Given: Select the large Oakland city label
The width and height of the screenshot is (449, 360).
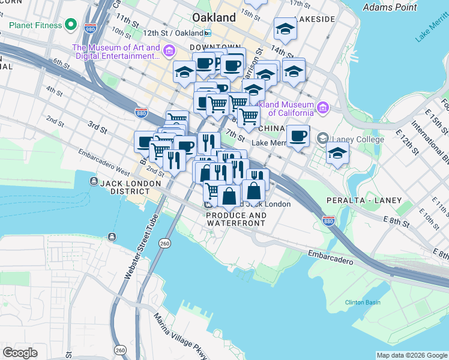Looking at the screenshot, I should coord(214,17).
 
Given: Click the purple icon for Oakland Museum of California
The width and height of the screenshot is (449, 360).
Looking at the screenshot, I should coord(323,107).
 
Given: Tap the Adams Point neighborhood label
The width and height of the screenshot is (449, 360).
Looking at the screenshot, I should coord(390,8).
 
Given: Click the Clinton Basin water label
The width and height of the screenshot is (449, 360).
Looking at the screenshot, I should coord(363,302).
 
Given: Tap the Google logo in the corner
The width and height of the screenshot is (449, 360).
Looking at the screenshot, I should coord(20,353).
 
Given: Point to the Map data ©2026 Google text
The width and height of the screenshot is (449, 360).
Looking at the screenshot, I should coord(411,355).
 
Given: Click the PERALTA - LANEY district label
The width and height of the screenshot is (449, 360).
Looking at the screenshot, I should coord(355,199).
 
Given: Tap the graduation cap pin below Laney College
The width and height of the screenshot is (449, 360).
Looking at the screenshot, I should coord(337,152).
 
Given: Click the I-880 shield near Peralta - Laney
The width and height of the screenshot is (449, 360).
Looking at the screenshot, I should coord(328,221).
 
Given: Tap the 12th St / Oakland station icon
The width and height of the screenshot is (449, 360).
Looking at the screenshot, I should coord(207,33).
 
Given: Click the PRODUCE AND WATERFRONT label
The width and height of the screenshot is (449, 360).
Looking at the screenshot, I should coord(235,219).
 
